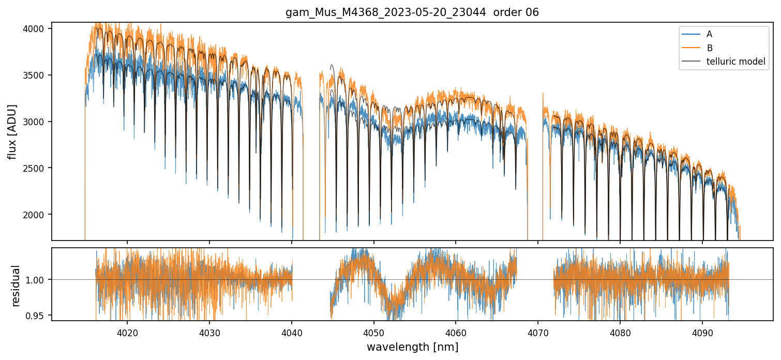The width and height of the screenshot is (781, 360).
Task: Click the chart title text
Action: pyautogui.click(x=412, y=12)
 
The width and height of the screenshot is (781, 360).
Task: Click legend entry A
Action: pyautogui.click(x=709, y=34)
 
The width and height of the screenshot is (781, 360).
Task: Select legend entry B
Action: pyautogui.click(x=710, y=48)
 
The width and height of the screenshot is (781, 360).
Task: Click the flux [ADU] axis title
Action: pyautogui.click(x=12, y=131)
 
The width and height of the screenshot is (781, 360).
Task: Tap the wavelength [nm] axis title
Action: pyautogui.click(x=412, y=347)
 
